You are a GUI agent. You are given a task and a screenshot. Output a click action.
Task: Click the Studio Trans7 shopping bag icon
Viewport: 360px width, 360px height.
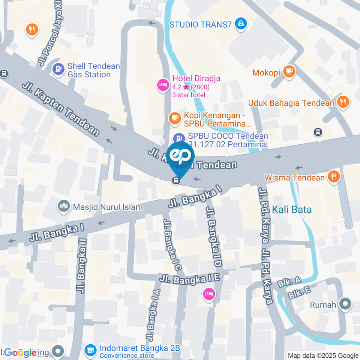click(x=240, y=24)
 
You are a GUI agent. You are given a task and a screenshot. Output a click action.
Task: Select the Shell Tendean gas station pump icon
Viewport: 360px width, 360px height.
click(x=58, y=69)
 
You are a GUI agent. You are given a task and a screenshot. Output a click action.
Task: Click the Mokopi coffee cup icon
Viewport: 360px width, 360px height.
click(x=288, y=71)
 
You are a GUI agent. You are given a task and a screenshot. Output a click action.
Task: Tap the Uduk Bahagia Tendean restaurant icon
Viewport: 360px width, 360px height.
click(x=343, y=102)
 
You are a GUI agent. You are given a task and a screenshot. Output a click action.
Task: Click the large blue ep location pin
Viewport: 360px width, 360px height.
click(x=180, y=157)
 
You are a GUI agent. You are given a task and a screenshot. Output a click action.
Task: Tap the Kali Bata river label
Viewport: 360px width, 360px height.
click(x=292, y=210)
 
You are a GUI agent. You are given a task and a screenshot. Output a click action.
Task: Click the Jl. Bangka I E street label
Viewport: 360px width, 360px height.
click(x=189, y=278)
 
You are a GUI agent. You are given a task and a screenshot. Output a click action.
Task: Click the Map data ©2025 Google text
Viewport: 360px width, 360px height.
click(x=322, y=355)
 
